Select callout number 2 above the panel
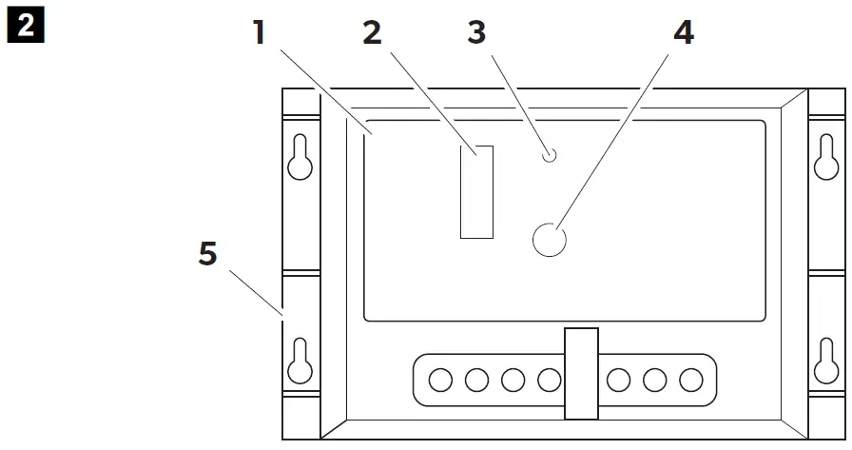click(372, 33)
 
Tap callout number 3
click(476, 32)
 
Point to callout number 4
click(683, 33)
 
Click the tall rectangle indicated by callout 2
click(476, 191)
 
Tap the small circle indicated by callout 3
click(549, 156)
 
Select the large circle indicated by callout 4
click(549, 240)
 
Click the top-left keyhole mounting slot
click(300, 159)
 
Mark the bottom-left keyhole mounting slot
click(300, 362)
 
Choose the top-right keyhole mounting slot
click(826, 159)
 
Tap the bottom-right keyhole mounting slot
click(826, 362)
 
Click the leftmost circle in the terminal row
click(440, 381)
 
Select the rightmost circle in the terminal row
click(689, 381)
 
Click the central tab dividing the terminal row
click(581, 373)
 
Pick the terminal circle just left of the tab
click(550, 381)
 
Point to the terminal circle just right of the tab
click(618, 381)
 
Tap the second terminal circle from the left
click(476, 381)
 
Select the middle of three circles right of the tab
click(654, 381)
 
